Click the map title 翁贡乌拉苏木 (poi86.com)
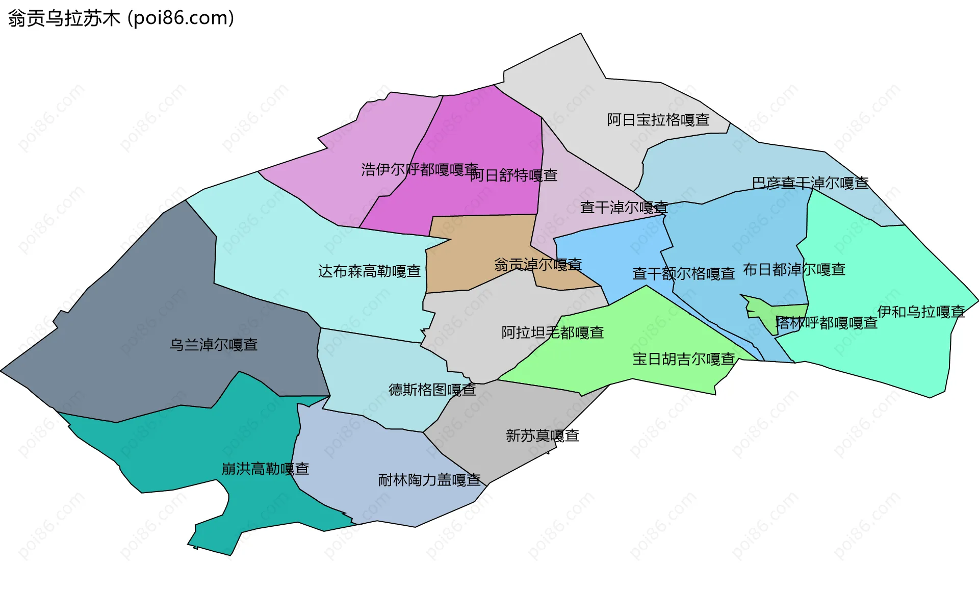[121, 18]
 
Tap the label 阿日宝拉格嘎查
[658, 120]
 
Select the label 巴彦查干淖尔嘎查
[810, 183]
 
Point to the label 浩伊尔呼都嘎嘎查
[419, 169]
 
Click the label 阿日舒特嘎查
[514, 175]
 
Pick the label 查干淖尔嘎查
[624, 208]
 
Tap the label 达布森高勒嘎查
[370, 271]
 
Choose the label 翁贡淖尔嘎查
[538, 264]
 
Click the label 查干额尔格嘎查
[683, 274]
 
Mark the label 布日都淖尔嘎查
[794, 269]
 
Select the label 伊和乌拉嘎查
[921, 312]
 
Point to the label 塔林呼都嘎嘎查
[826, 323]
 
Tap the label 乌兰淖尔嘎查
[214, 345]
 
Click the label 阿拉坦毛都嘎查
[553, 332]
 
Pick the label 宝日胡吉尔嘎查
[683, 359]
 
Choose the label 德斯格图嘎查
[432, 390]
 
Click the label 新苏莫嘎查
[543, 436]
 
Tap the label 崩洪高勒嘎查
[266, 469]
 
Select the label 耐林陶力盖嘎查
[429, 480]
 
